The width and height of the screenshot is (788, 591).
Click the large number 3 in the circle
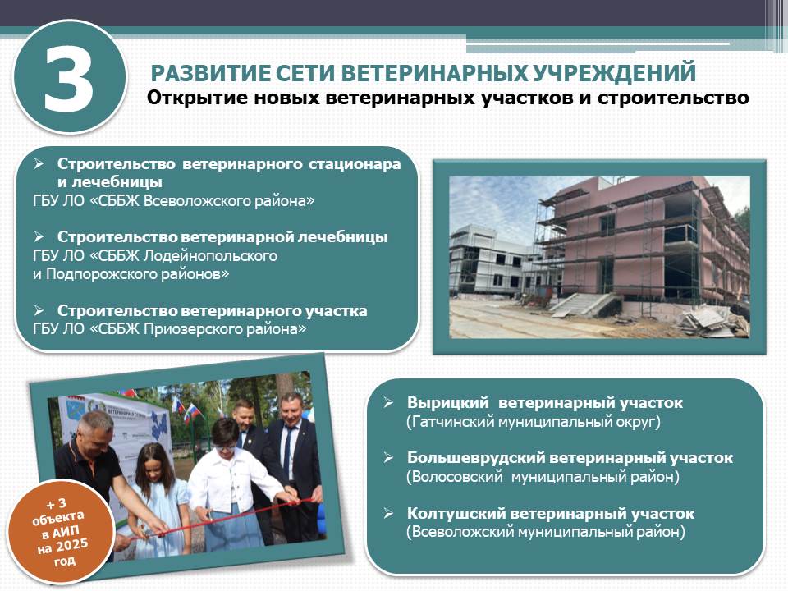(69, 78)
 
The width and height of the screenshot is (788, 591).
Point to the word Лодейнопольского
(211, 256)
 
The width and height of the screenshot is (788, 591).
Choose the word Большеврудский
(476, 458)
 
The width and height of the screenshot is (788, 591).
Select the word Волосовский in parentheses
(455, 476)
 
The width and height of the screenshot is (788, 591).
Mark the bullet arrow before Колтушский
(388, 513)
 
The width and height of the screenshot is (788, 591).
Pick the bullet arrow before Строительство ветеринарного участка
(39, 310)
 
